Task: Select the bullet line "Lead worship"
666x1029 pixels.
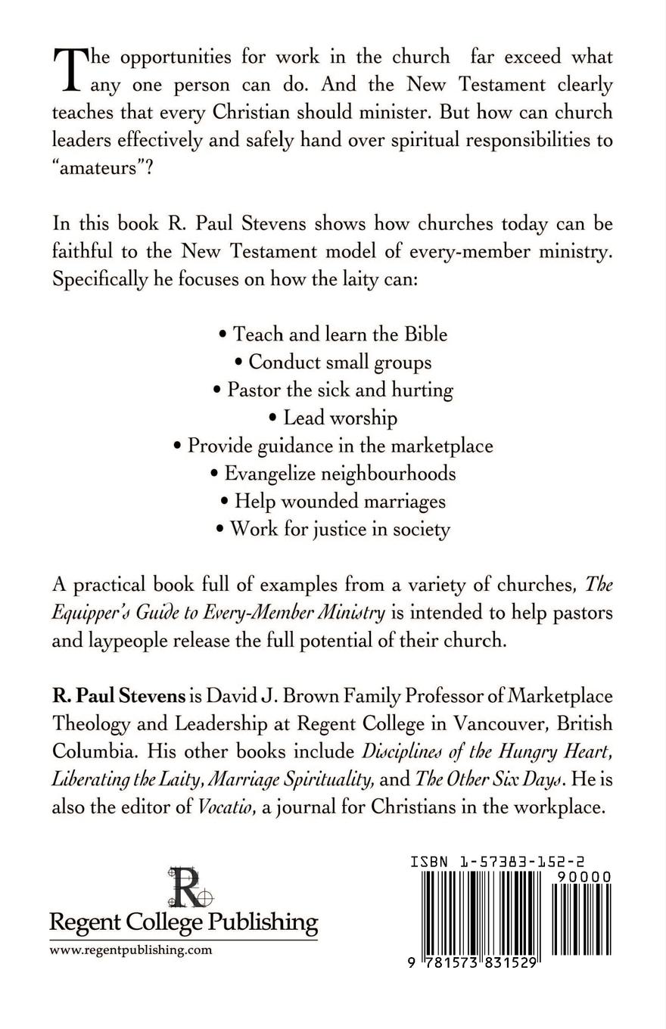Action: click(x=333, y=418)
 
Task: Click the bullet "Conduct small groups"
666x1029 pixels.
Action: click(x=333, y=362)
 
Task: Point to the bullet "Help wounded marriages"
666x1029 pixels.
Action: click(x=333, y=501)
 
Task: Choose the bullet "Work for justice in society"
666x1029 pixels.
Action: click(x=333, y=528)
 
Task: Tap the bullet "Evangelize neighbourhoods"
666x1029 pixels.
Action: click(x=333, y=473)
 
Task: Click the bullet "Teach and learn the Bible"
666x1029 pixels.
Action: click(x=333, y=334)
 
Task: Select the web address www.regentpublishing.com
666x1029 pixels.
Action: click(x=131, y=951)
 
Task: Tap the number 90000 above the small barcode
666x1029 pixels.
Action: click(x=583, y=876)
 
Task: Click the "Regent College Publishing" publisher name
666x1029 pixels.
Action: click(x=183, y=922)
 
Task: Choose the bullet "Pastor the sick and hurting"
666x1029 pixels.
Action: click(x=333, y=390)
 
